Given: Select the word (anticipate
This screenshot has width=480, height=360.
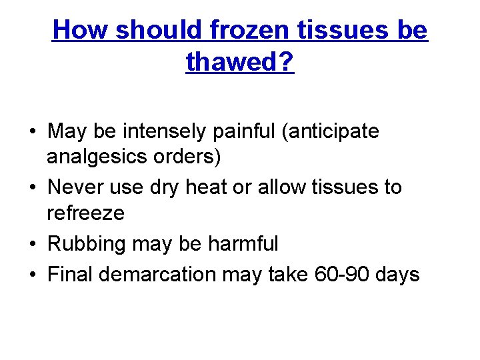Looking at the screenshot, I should (x=331, y=131).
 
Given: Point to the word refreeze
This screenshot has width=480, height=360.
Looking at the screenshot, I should (x=85, y=213).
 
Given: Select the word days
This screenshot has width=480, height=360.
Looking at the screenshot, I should (x=396, y=274).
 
